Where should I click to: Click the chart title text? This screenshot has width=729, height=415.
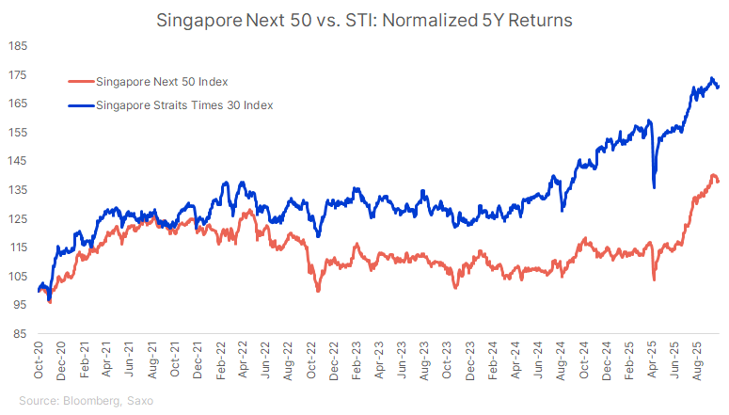(x=364, y=18)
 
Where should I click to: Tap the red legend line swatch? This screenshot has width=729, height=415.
(x=80, y=82)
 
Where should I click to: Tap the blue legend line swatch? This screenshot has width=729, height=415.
(x=80, y=105)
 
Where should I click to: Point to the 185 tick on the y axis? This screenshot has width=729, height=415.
(x=18, y=45)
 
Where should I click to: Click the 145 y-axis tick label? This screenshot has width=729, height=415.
(x=18, y=161)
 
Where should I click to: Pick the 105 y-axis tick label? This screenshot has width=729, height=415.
(x=18, y=276)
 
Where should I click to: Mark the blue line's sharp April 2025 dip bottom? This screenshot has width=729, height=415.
(x=654, y=186)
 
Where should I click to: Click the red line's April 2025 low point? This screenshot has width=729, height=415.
(x=654, y=279)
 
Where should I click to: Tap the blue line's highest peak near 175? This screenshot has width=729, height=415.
(x=712, y=78)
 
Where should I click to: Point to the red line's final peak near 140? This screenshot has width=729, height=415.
(x=714, y=176)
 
